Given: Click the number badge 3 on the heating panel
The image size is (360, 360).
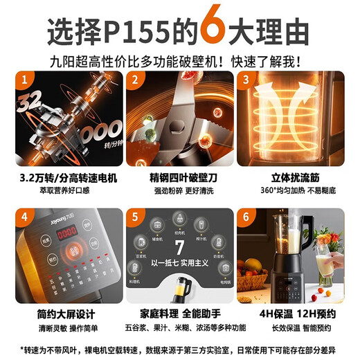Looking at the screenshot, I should [x=246, y=80].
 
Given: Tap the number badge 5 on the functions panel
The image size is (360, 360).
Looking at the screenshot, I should [x=136, y=216].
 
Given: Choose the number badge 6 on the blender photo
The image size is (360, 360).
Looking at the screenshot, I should [x=246, y=216].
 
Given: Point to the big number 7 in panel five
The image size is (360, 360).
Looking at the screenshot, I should [x=179, y=249].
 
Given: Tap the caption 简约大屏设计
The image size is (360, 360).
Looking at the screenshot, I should [x=67, y=314].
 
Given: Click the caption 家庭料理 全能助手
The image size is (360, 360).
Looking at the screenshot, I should [x=179, y=314].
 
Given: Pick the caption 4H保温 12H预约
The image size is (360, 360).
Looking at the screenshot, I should [x=289, y=314].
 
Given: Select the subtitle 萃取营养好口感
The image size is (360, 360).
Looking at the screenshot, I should [x=67, y=189].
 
